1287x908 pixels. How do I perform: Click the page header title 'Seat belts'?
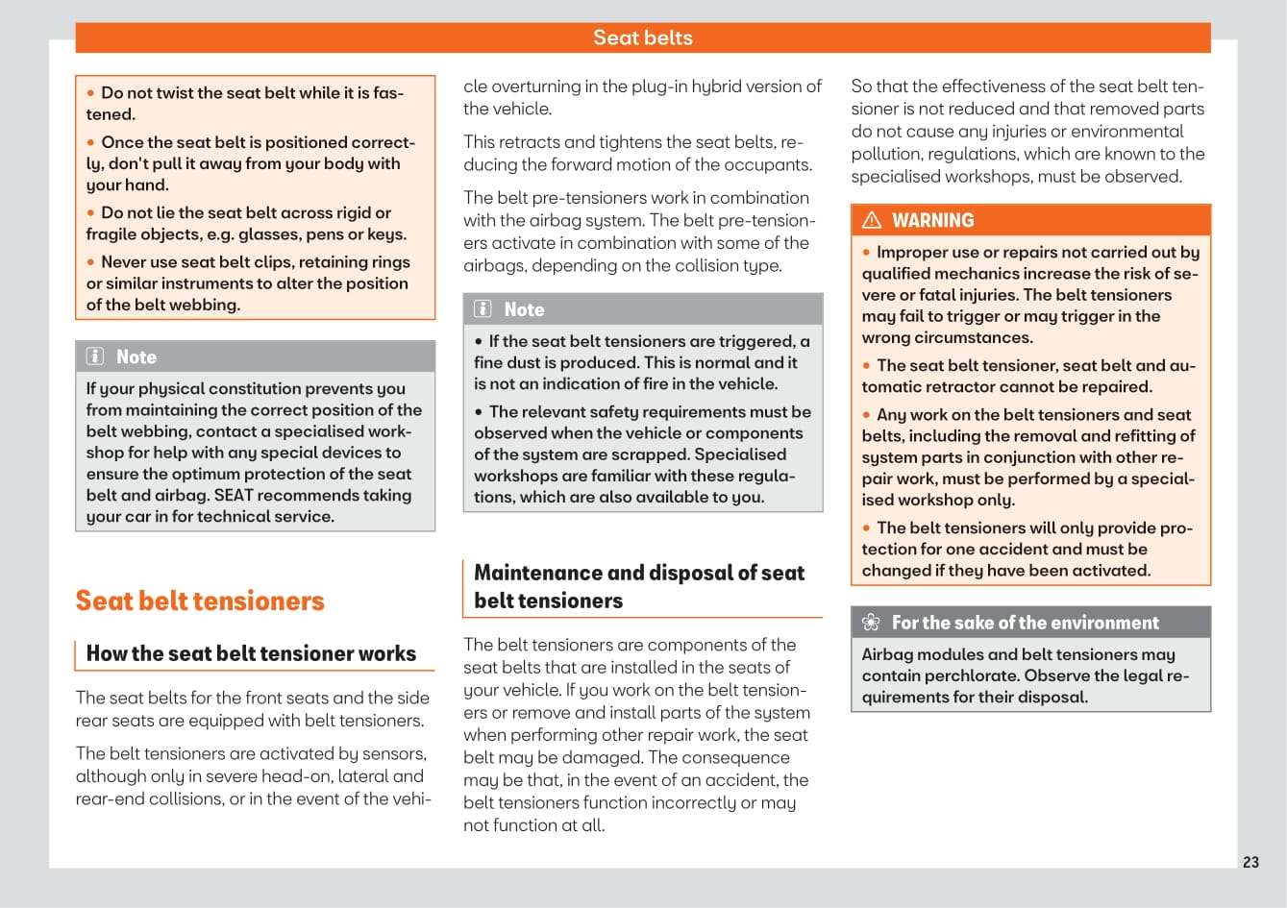pyautogui.click(x=642, y=37)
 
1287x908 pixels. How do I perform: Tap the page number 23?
pyautogui.click(x=1250, y=862)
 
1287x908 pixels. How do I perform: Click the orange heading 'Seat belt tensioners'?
pyautogui.click(x=200, y=601)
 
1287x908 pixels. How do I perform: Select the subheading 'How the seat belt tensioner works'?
pyautogui.click(x=251, y=653)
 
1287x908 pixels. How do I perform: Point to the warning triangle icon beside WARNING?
pyautogui.click(x=872, y=220)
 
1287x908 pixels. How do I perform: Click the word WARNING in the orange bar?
pyautogui.click(x=932, y=220)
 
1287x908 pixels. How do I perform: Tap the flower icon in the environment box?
pyautogui.click(x=871, y=623)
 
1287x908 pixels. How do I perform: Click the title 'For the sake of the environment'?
pyautogui.click(x=1025, y=623)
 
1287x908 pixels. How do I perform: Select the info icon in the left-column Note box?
pyautogui.click(x=95, y=356)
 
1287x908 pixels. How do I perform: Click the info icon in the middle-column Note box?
pyautogui.click(x=483, y=309)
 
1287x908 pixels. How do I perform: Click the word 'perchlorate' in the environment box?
pyautogui.click(x=973, y=675)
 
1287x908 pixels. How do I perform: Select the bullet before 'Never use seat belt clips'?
pyautogui.click(x=91, y=262)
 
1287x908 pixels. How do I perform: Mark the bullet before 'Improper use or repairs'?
pyautogui.click(x=867, y=253)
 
